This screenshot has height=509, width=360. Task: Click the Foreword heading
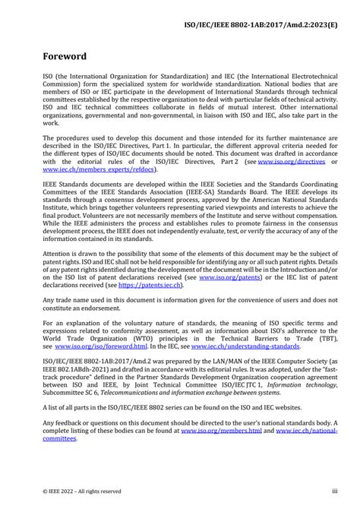[x=65, y=56]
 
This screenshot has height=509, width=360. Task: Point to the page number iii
[x=335, y=492]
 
